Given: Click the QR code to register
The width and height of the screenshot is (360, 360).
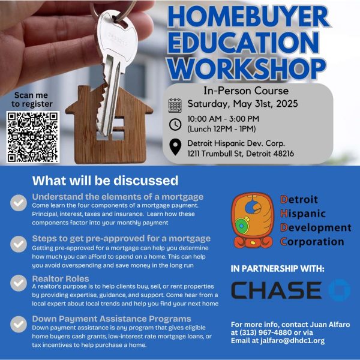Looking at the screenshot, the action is tap(33, 137).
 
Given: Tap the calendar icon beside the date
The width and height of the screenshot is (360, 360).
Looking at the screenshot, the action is tap(175, 106).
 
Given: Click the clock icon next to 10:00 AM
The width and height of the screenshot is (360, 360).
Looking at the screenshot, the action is tap(175, 124).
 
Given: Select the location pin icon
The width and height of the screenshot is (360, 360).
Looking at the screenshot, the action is tap(175, 147).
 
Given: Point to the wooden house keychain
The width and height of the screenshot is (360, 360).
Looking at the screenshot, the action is tap(109, 128).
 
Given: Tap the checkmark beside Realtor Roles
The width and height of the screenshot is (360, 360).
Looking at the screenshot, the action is tap(19, 283).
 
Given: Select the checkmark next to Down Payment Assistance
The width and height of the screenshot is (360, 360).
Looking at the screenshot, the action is tap(19, 324).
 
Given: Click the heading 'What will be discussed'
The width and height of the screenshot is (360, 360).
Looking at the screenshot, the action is tap(105, 181).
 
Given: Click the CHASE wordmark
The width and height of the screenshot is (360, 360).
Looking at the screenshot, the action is tap(276, 290).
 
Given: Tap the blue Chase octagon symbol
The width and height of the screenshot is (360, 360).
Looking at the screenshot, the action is tap(340, 290).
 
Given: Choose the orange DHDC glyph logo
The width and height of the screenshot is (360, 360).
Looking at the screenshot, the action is tap(253, 220).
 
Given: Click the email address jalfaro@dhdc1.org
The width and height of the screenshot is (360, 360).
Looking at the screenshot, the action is tap(292, 341).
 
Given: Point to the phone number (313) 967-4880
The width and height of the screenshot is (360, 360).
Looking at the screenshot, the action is tap(265, 332).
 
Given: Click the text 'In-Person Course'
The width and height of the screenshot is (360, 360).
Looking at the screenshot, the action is tap(246, 91).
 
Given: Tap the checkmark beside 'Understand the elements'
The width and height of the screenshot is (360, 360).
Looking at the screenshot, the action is tap(19, 203).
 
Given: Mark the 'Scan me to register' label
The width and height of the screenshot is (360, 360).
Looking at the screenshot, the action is tap(32, 100).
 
